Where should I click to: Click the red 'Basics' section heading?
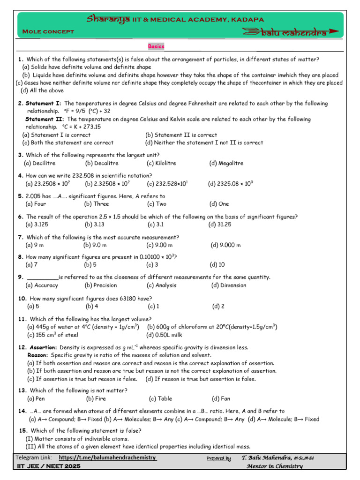156,46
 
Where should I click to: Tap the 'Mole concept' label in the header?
49,31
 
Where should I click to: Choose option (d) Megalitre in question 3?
226,163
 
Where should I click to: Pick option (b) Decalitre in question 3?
102,163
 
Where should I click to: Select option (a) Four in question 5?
36,204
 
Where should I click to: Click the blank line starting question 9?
43,277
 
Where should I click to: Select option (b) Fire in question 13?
97,399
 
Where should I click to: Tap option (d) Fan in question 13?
221,399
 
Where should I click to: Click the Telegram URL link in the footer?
107,457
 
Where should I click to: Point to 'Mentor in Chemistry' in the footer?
274,466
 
